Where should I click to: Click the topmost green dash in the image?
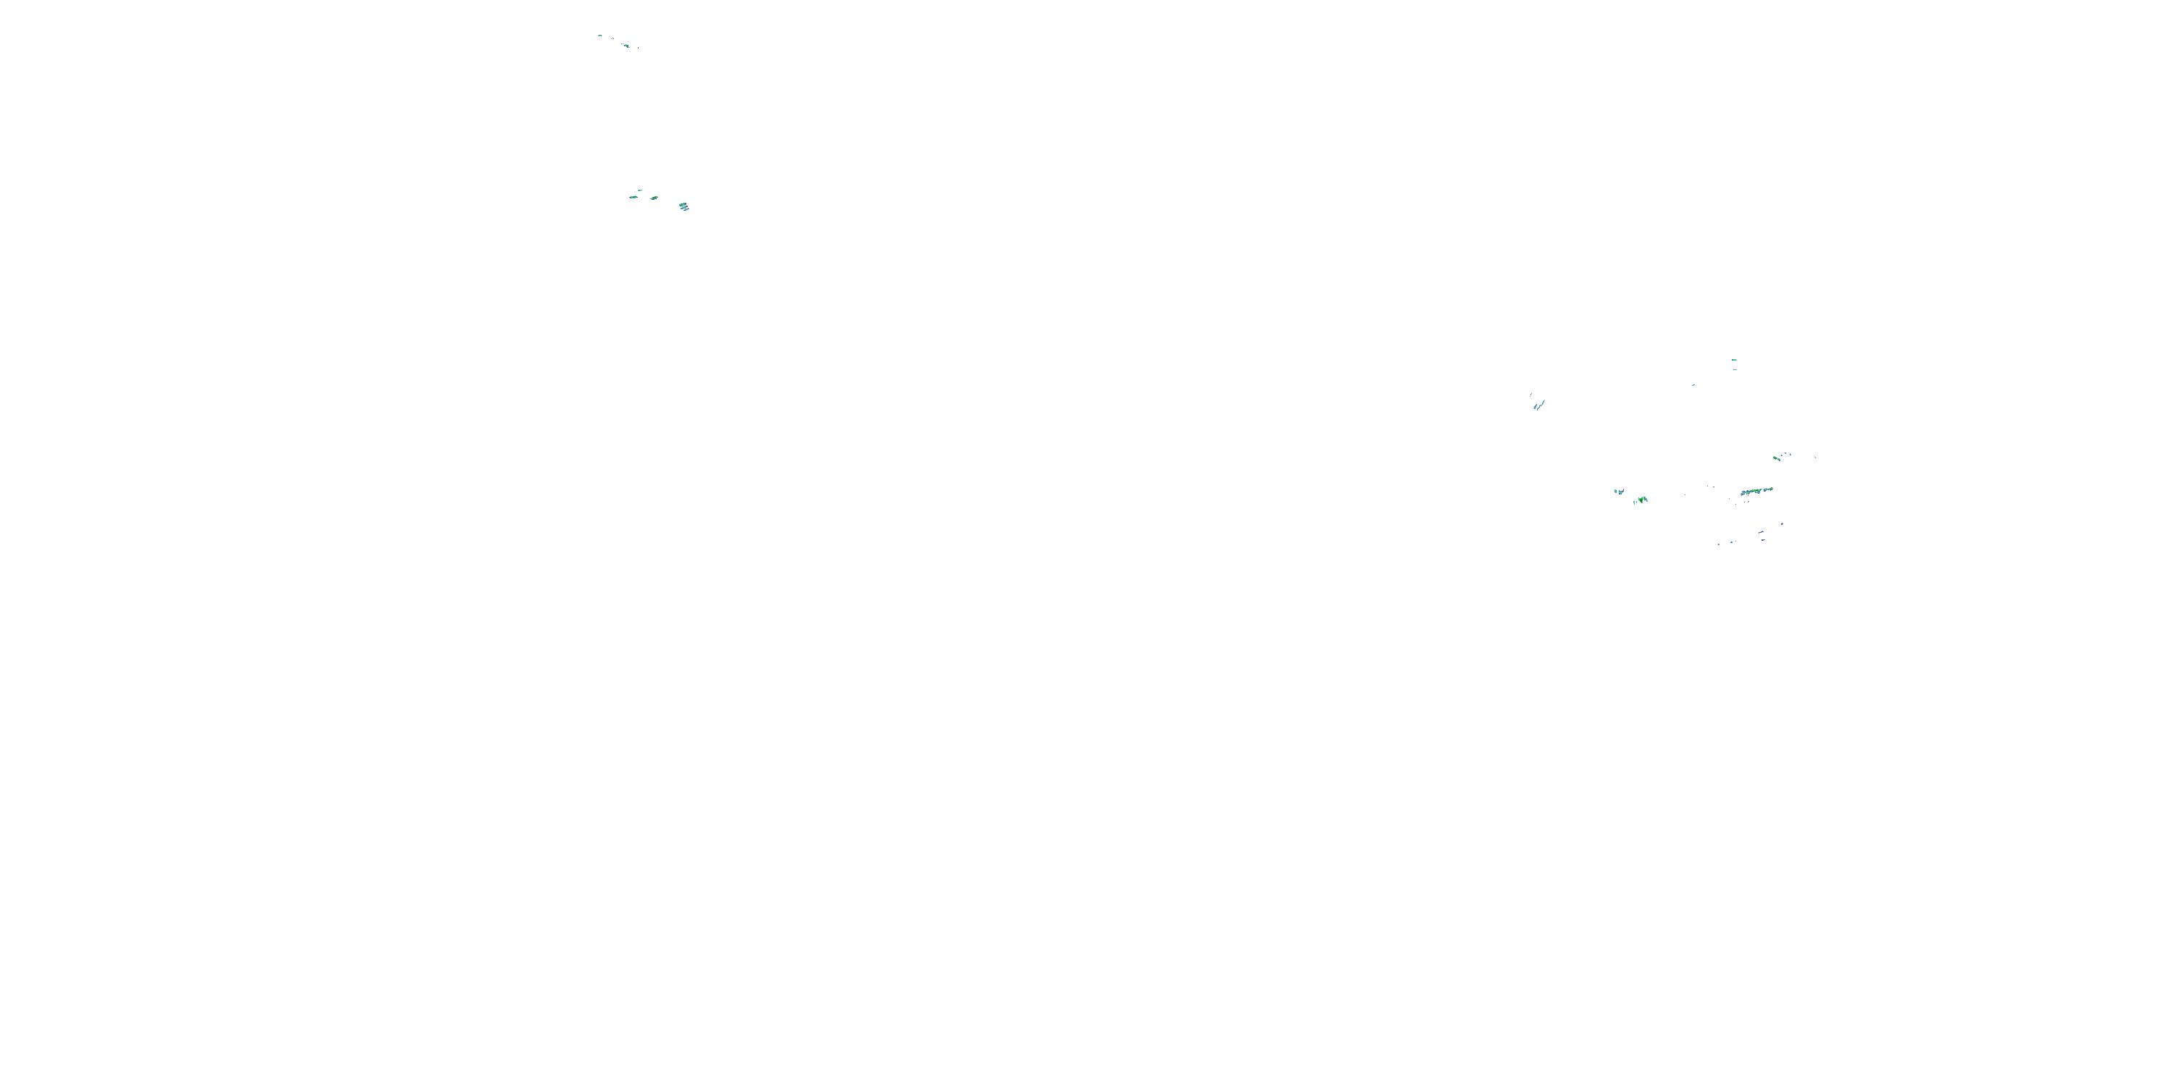(x=599, y=35)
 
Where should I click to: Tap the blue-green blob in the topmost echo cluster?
(x=626, y=45)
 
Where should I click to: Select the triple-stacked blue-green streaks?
(x=683, y=206)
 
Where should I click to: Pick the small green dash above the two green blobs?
(x=640, y=190)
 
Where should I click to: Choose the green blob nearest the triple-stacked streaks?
(x=654, y=198)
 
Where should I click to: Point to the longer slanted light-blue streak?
(x=1541, y=404)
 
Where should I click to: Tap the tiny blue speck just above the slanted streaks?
(x=1531, y=394)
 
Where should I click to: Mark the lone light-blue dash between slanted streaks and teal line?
(x=1693, y=385)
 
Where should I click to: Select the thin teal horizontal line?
(x=1735, y=369)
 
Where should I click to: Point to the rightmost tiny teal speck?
(x=1814, y=457)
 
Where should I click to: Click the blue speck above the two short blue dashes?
(x=1782, y=523)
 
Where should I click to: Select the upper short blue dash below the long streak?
(x=1761, y=532)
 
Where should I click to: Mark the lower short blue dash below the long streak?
(x=1763, y=539)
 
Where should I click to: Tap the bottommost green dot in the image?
(x=1719, y=544)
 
